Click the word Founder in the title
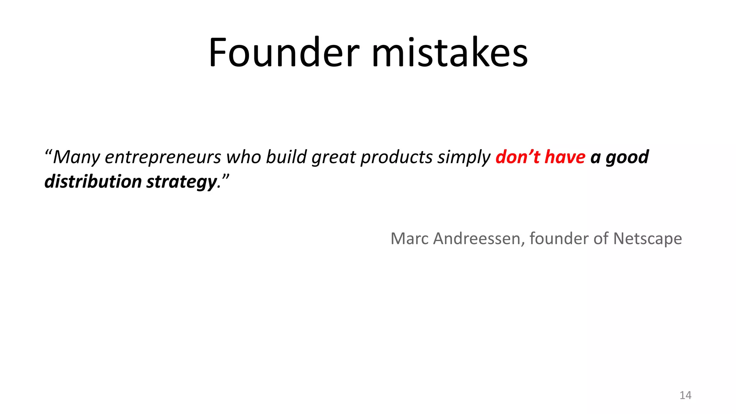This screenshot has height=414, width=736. (x=284, y=53)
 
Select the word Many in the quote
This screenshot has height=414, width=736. (x=76, y=157)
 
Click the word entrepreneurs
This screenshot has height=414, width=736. (x=162, y=157)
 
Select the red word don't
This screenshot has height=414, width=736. (x=518, y=157)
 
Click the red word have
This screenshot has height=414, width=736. (x=565, y=157)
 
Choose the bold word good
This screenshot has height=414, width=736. (x=627, y=157)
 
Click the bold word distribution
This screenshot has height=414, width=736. (x=93, y=181)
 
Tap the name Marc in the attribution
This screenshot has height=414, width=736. (x=410, y=239)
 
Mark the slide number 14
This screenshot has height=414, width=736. (x=685, y=395)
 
